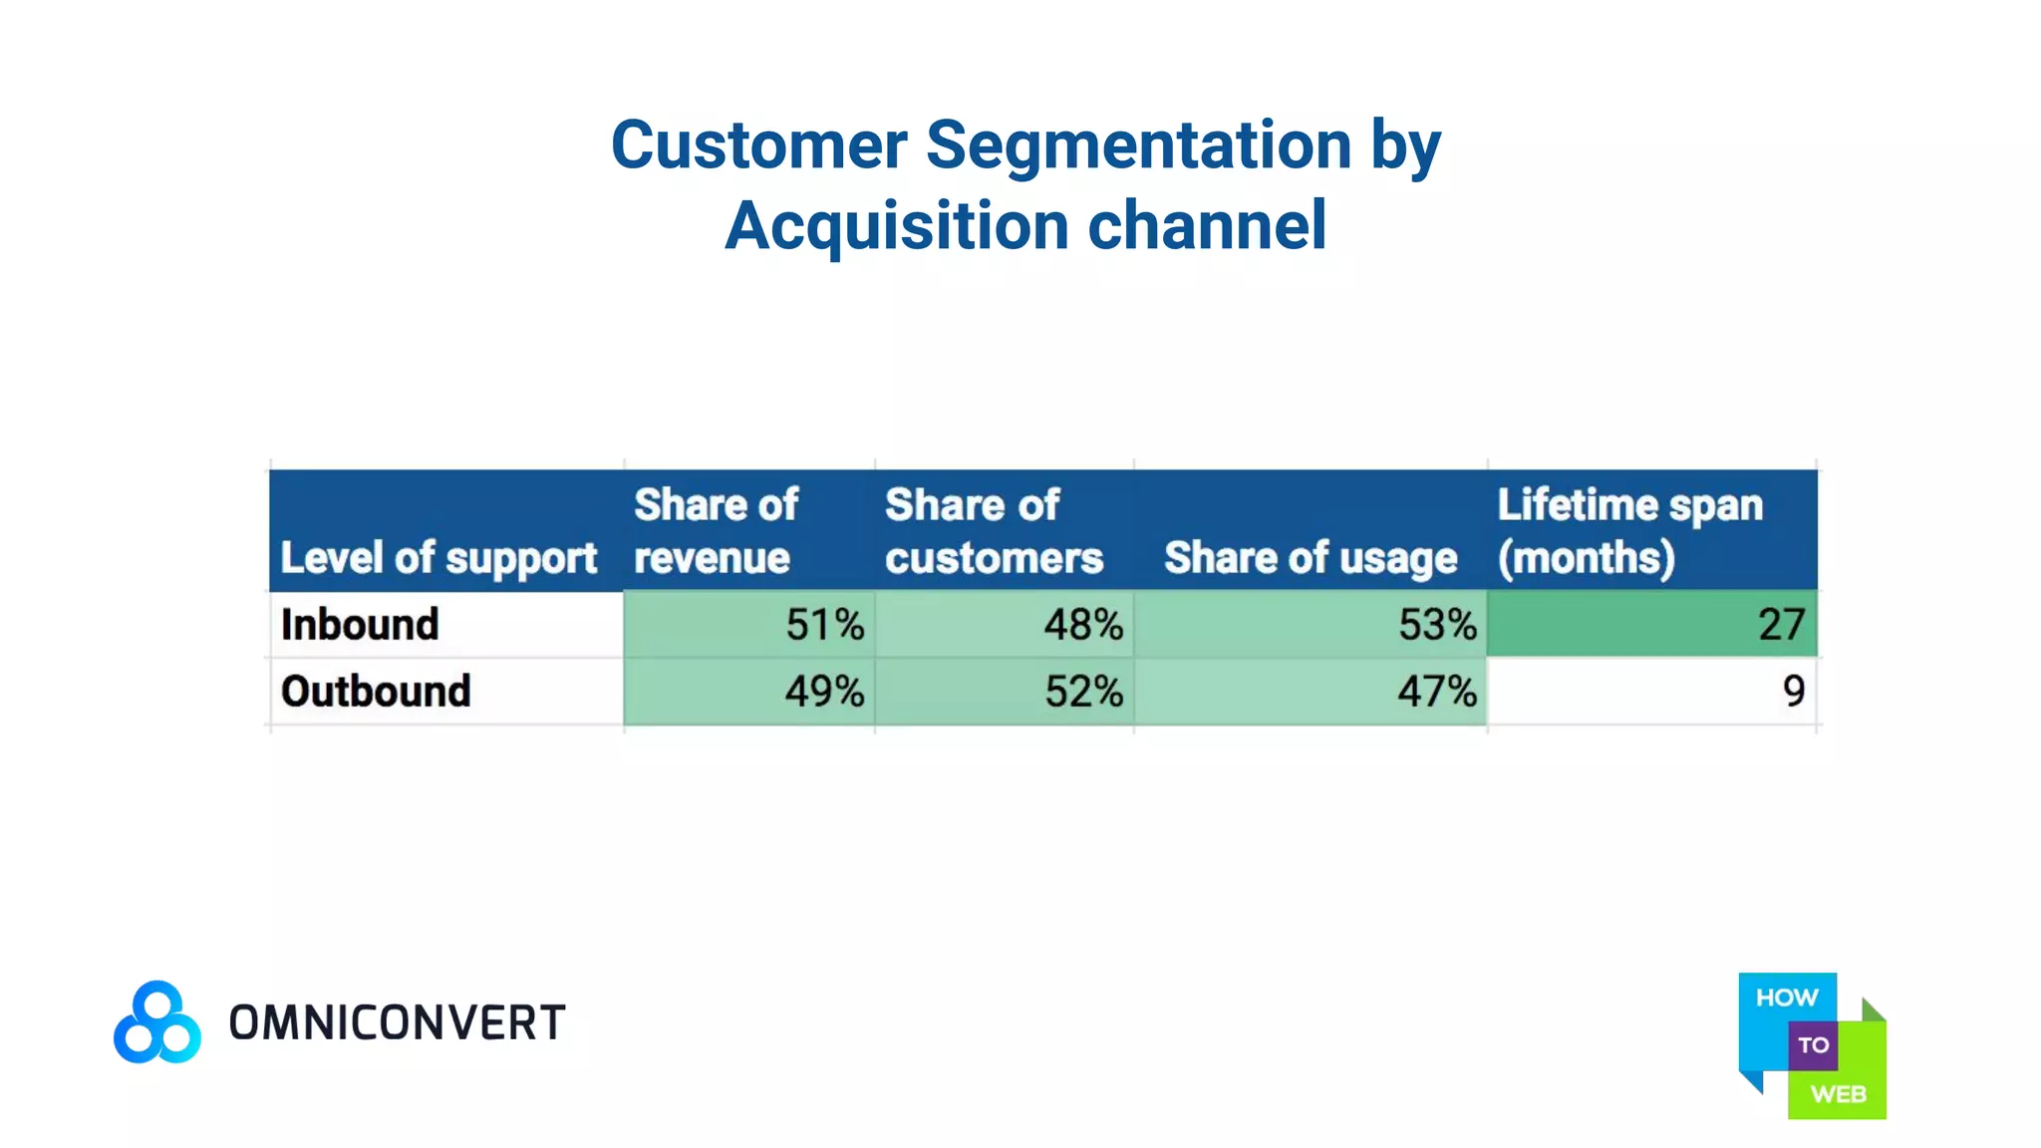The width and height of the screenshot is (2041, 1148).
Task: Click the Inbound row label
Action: click(x=360, y=625)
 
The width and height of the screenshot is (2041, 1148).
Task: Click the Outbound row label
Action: click(x=376, y=692)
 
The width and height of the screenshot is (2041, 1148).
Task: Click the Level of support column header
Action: click(x=438, y=558)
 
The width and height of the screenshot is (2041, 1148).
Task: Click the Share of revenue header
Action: click(x=716, y=531)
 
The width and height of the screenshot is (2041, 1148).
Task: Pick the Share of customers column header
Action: click(x=993, y=531)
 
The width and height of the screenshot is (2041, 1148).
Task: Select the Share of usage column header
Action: click(x=1310, y=558)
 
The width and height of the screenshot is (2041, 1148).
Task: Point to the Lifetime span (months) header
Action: click(x=1629, y=531)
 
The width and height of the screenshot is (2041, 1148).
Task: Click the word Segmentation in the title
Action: click(x=1138, y=145)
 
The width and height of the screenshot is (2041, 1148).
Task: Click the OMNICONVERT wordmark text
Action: click(x=397, y=1023)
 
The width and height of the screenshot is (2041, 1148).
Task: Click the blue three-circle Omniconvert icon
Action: click(x=156, y=1022)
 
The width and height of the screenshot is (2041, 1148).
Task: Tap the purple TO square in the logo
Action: click(x=1813, y=1045)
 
